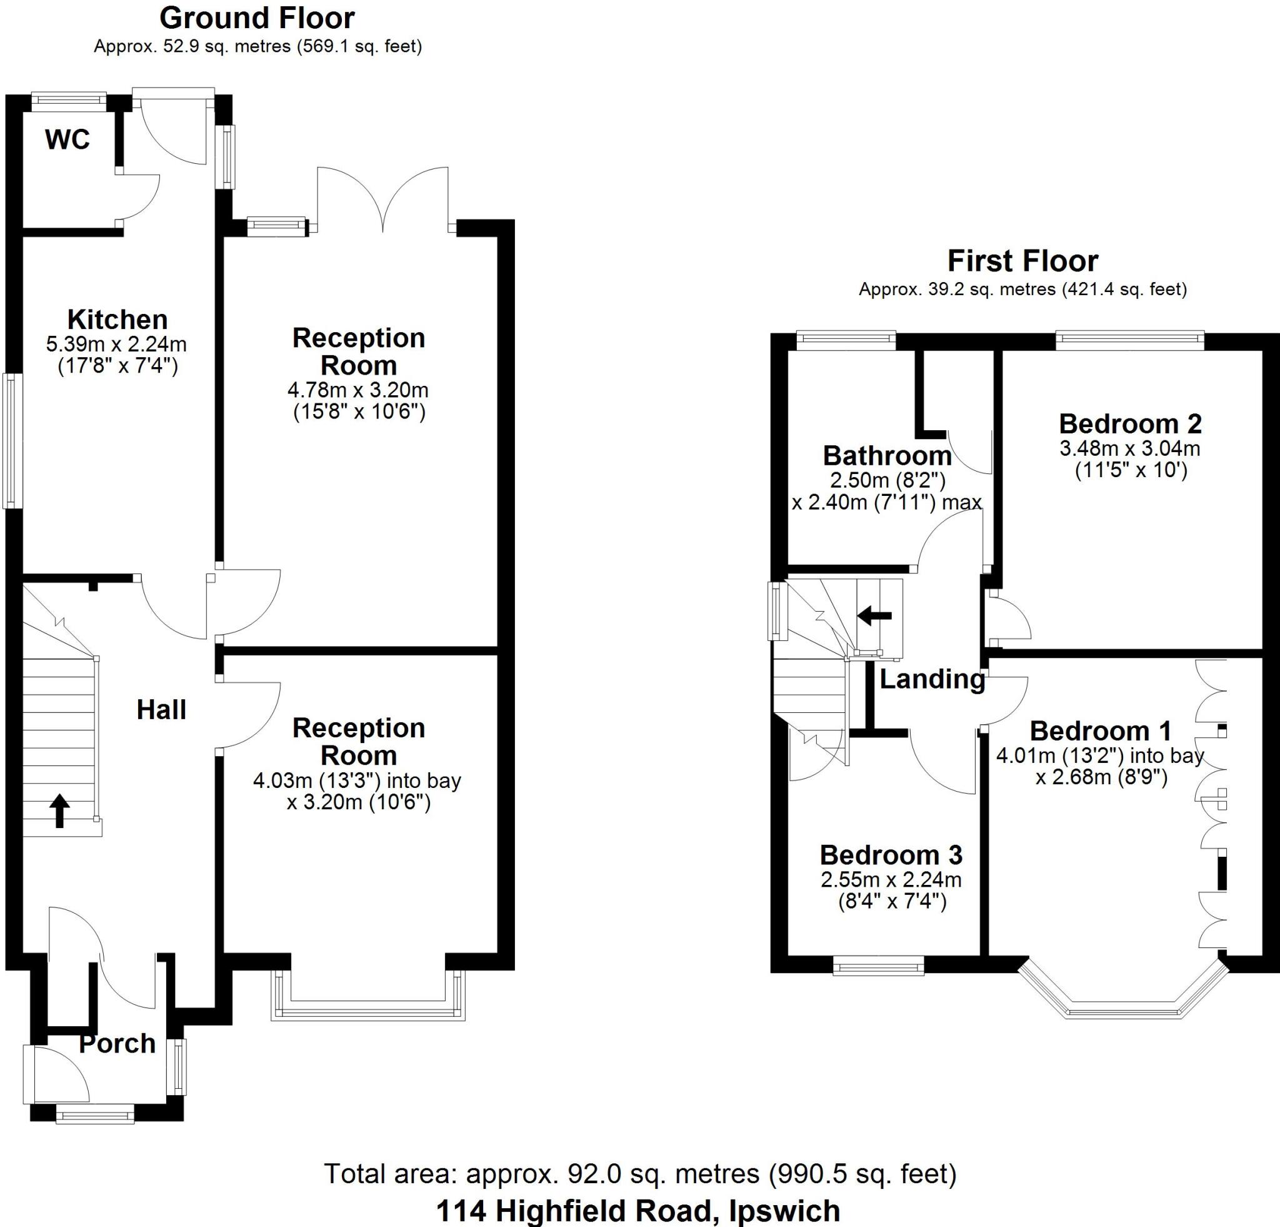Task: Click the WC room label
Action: (67, 140)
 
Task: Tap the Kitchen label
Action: (117, 320)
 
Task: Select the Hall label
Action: (161, 710)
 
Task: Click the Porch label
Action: (117, 1043)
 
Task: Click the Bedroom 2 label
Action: (1131, 423)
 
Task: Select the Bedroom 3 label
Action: (891, 855)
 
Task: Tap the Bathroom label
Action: (887, 455)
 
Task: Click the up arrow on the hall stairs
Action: (60, 810)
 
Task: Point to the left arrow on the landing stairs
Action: (874, 615)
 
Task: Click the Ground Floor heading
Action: (257, 18)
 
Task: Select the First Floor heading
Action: (1022, 261)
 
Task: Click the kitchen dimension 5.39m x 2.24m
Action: (117, 344)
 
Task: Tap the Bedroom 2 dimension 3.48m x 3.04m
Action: (1130, 448)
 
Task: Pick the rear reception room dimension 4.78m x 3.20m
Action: (358, 390)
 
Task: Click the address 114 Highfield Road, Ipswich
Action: (638, 1210)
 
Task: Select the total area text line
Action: (640, 1173)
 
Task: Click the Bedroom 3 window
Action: (878, 965)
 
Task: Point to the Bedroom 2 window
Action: (1130, 337)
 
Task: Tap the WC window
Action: (69, 99)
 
